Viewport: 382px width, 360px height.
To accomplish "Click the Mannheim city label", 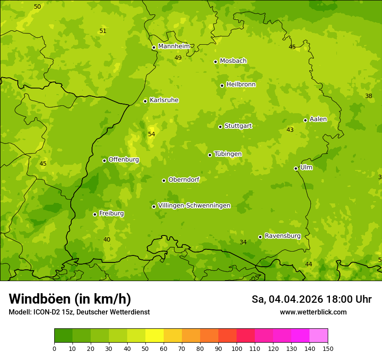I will pyautogui.click(x=174, y=46).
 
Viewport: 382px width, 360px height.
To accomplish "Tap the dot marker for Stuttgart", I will pyautogui.click(x=220, y=127).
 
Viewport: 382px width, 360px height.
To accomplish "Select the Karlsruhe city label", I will pyautogui.click(x=164, y=100).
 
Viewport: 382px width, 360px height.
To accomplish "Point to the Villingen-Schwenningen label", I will pyautogui.click(x=194, y=206).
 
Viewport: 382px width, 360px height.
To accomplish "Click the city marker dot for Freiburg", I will pyautogui.click(x=95, y=214).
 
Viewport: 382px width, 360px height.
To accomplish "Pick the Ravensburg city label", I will pyautogui.click(x=283, y=236).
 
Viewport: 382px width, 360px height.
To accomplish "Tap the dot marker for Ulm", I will pyautogui.click(x=296, y=168).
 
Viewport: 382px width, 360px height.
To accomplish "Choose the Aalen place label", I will pyautogui.click(x=318, y=119).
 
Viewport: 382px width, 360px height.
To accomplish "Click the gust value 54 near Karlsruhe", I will pyautogui.click(x=151, y=134).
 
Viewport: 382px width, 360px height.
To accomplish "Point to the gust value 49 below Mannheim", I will pyautogui.click(x=178, y=58).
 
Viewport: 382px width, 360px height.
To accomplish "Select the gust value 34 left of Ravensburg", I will pyautogui.click(x=243, y=242).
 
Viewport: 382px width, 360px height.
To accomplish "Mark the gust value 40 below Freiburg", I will pyautogui.click(x=107, y=239).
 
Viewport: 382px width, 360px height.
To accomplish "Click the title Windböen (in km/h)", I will pyautogui.click(x=70, y=299).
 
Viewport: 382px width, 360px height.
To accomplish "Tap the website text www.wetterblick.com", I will pyautogui.click(x=313, y=312).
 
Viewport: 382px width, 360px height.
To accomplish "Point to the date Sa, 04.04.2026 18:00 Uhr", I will pyautogui.click(x=311, y=299).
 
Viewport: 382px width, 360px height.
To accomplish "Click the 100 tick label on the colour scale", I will pyautogui.click(x=237, y=348).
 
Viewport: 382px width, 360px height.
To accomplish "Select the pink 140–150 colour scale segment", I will pyautogui.click(x=319, y=336).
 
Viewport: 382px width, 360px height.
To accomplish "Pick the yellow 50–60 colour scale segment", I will pyautogui.click(x=155, y=336).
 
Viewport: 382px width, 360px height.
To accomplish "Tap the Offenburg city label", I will pyautogui.click(x=124, y=160).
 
